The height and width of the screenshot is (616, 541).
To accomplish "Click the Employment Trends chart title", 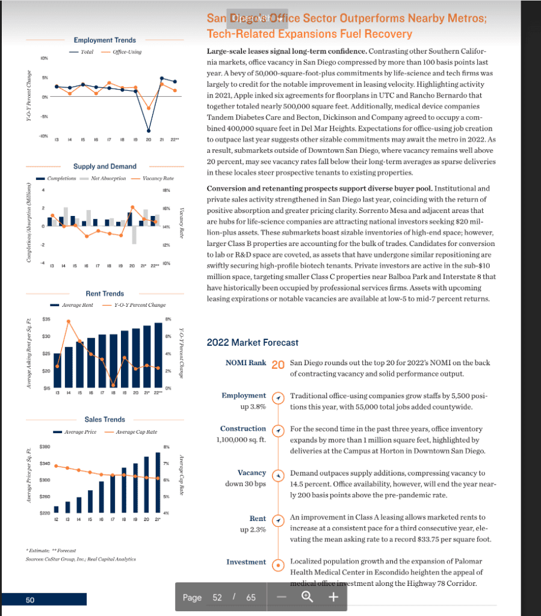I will tap(100, 40).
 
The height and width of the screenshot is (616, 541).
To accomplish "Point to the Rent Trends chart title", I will tap(105, 294).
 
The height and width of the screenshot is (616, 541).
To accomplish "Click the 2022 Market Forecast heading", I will tap(252, 343).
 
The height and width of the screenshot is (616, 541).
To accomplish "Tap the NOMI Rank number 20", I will tap(277, 365).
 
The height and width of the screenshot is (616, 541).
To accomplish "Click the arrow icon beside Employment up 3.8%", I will tap(277, 399).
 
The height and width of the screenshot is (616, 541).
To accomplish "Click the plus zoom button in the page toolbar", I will tap(334, 597).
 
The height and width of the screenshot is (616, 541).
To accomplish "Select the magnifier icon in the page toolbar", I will tap(308, 597).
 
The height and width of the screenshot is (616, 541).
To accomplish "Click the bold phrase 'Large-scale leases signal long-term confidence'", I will tap(285, 52).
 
